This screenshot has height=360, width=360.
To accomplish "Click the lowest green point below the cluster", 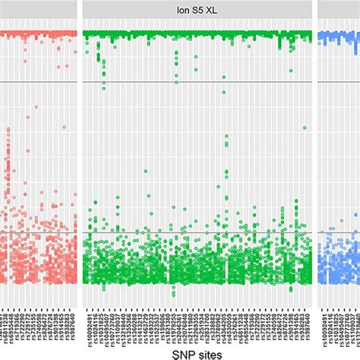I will (x=173, y=294).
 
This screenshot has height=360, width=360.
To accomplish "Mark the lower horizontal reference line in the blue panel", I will (x=338, y=232).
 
